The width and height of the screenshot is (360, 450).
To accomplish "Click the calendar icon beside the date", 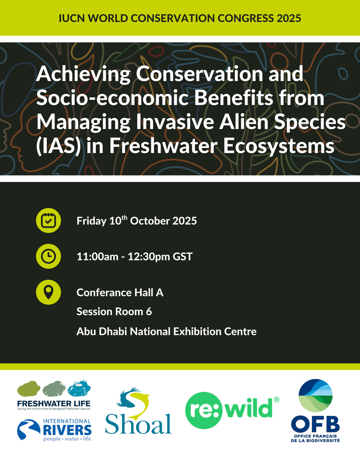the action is click(x=48, y=220).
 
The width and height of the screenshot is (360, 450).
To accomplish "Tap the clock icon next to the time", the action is click(x=48, y=256).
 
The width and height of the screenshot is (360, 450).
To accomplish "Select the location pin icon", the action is click(x=48, y=292).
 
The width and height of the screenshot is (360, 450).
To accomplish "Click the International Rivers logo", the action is click(x=54, y=430).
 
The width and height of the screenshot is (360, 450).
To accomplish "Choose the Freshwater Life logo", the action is click(x=54, y=395).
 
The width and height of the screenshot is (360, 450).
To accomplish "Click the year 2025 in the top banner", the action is click(x=289, y=18).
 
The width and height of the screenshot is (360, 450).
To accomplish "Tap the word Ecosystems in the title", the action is click(x=279, y=146).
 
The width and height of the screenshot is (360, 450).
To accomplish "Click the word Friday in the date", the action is click(x=92, y=221).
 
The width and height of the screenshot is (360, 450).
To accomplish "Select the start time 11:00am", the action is click(x=97, y=256).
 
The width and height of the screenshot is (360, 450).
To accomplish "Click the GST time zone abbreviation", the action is click(x=183, y=256).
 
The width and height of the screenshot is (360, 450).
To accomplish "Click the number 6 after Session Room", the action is click(x=148, y=311).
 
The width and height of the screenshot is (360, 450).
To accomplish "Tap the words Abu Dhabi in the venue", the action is click(x=102, y=332).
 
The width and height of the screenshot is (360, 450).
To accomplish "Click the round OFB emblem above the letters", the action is click(x=315, y=396).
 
